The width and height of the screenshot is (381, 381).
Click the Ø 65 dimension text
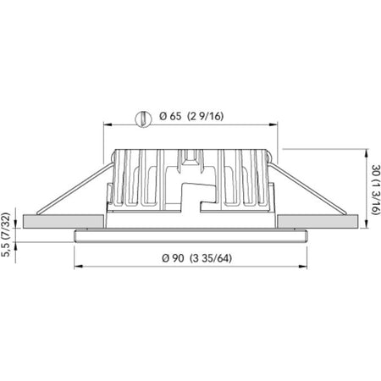point(170,116)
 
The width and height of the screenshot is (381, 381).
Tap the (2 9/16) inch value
point(206,116)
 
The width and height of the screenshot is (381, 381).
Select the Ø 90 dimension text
point(173,258)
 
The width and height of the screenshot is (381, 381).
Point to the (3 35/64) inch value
point(211,258)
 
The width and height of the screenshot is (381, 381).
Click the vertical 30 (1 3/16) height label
point(375,190)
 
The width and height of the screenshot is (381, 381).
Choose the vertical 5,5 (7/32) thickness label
point(6,235)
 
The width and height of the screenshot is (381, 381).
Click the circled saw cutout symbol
point(144,119)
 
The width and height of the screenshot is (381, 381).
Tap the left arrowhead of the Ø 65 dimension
point(108,124)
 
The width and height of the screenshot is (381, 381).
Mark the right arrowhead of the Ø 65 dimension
point(273,124)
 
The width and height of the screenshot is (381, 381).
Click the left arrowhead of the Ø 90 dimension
point(78,266)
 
